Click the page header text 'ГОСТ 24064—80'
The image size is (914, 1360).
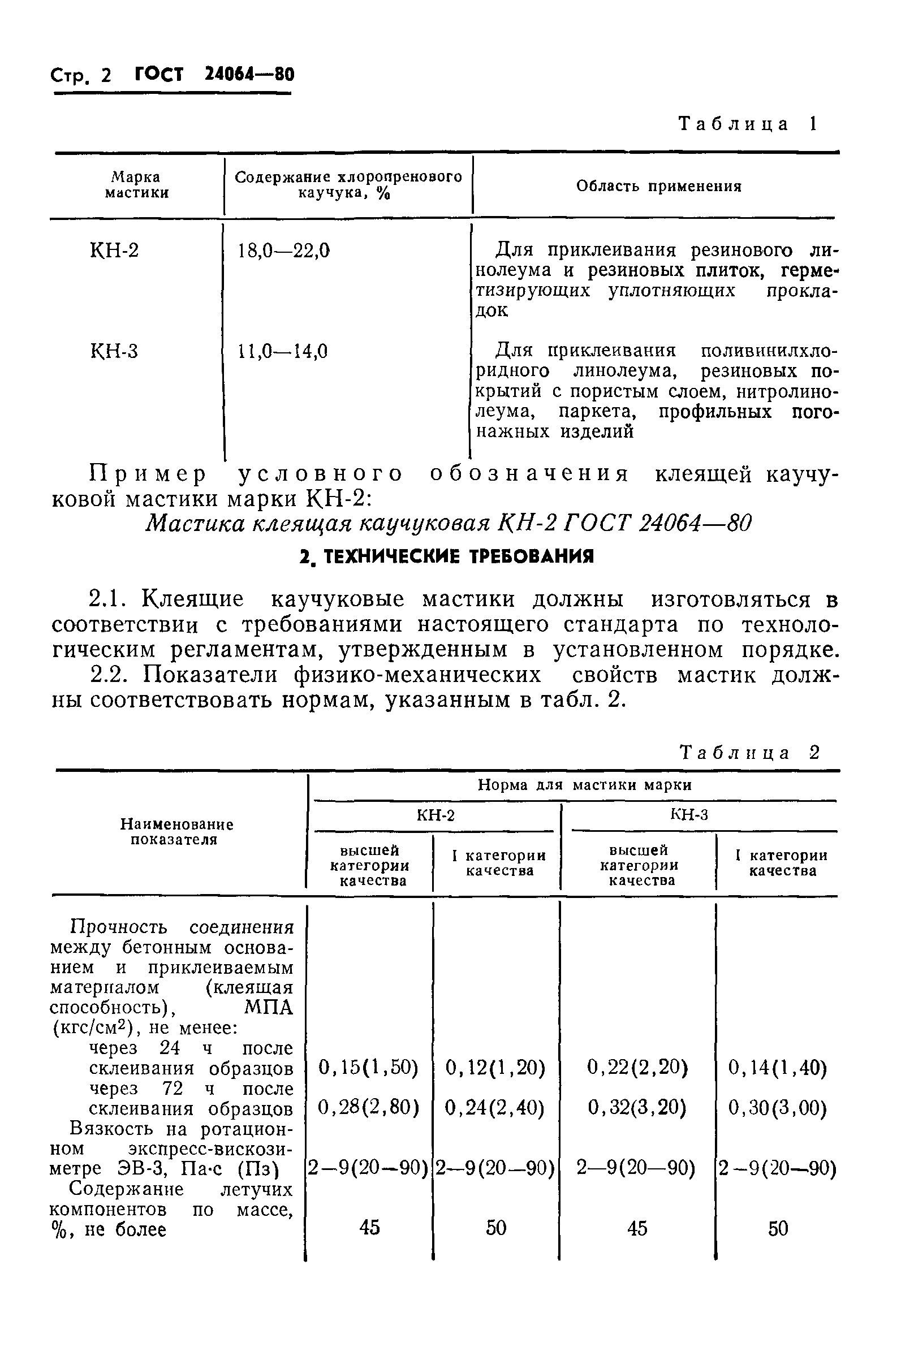214,75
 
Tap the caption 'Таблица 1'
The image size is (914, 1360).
748,123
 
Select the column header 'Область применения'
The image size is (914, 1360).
659,187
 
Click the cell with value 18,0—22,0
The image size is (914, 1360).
284,251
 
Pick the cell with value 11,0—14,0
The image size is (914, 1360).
283,351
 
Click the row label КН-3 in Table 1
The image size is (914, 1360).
114,351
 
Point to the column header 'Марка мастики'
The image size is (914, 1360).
137,185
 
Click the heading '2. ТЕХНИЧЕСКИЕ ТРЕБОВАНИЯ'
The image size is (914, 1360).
446,557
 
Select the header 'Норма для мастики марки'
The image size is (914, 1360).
585,785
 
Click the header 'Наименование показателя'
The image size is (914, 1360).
176,831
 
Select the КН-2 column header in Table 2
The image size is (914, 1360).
436,815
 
